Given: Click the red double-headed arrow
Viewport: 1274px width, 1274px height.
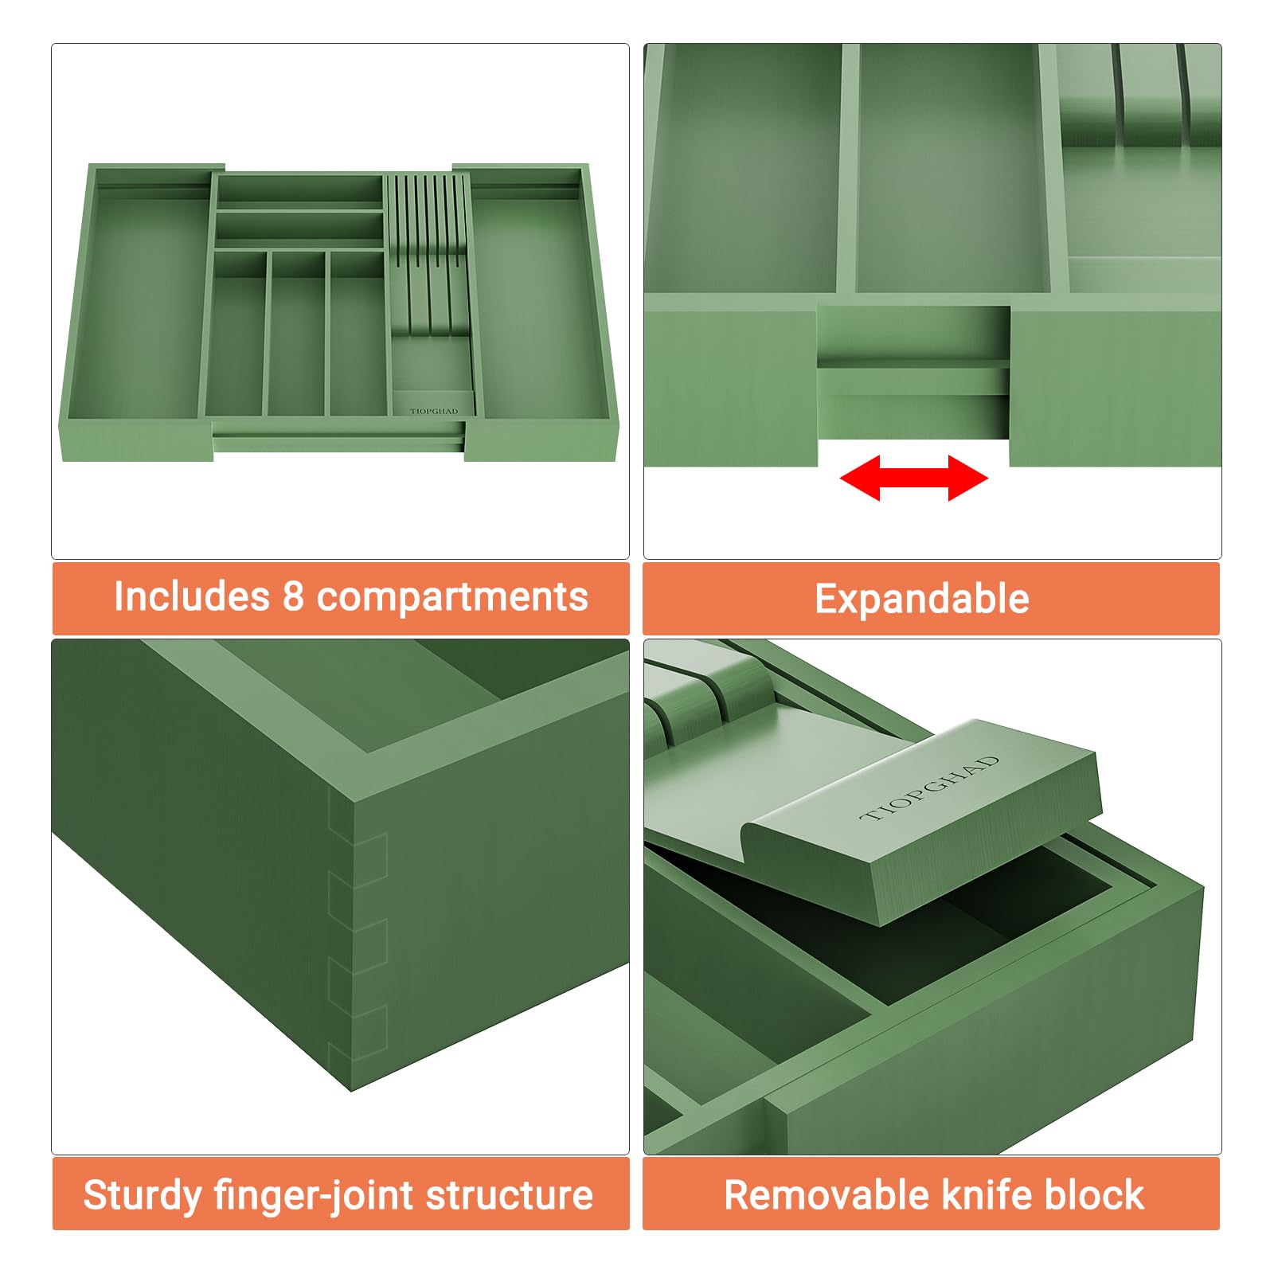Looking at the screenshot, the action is click(913, 478).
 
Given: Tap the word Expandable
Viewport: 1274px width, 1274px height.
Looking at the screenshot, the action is click(922, 599).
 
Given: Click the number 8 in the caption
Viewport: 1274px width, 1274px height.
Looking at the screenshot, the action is click(293, 596).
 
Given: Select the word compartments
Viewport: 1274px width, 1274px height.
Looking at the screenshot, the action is click(452, 598).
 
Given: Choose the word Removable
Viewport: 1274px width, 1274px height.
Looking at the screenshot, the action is click(827, 1194).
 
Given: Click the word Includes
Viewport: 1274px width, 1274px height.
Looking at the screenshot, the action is click(192, 596).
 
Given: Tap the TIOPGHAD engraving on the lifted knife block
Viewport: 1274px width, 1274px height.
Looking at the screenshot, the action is click(930, 788).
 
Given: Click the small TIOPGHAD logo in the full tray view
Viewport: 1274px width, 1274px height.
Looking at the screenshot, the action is click(434, 411).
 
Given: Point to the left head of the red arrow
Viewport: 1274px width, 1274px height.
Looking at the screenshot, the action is click(860, 478).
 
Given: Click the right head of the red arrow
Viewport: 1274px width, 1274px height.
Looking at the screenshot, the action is click(968, 478).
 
